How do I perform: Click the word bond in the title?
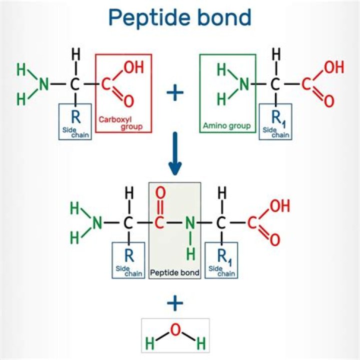(x=224, y=18)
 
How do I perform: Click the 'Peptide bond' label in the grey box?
(x=175, y=273)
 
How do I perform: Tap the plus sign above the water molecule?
(x=174, y=303)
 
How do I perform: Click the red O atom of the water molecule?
(x=175, y=329)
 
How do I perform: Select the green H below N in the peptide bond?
(x=190, y=254)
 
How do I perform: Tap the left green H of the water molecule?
(x=149, y=343)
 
